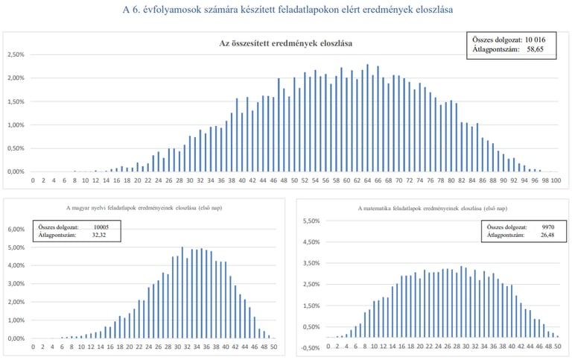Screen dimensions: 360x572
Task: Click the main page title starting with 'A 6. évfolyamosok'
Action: tap(286, 10)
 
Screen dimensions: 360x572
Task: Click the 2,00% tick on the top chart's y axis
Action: tap(16, 78)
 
